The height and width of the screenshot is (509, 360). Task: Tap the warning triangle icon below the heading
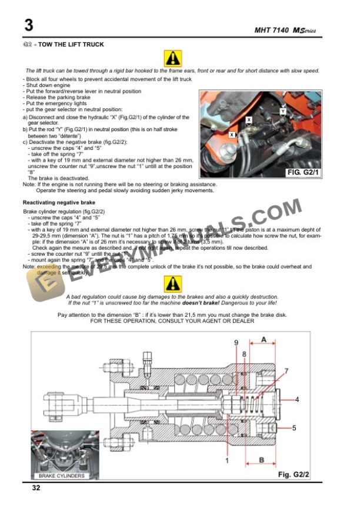coord(173,58)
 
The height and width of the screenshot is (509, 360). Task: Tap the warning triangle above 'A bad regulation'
coord(173,283)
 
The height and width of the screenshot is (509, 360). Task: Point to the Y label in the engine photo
coord(283,110)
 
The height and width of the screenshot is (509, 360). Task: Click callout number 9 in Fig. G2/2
coord(236,343)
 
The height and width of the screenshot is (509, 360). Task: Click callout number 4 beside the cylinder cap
coord(296,400)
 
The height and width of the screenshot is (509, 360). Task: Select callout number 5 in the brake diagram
coord(294,428)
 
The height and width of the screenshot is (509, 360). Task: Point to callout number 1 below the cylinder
coord(227,461)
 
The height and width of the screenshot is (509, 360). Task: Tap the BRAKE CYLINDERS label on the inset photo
coord(61,475)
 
